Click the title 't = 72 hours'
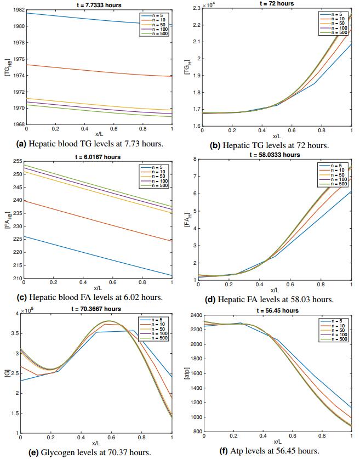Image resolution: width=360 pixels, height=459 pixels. click(276, 3)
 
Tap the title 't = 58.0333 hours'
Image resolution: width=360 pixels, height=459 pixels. click(276, 155)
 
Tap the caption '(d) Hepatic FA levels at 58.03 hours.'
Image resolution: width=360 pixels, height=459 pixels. click(276, 299)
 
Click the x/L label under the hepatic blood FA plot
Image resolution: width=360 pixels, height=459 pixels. click(98, 287)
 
